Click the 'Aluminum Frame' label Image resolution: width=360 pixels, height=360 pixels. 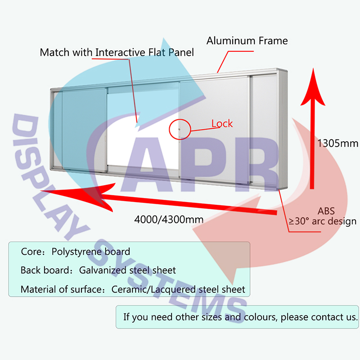(247, 41)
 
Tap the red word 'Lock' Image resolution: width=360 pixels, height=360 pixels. (222, 123)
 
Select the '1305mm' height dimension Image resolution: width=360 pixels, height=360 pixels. (337, 144)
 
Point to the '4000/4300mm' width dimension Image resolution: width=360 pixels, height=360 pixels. (168, 220)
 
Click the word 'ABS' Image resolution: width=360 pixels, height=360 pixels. (326, 211)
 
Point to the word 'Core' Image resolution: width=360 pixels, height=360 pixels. (30, 252)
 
